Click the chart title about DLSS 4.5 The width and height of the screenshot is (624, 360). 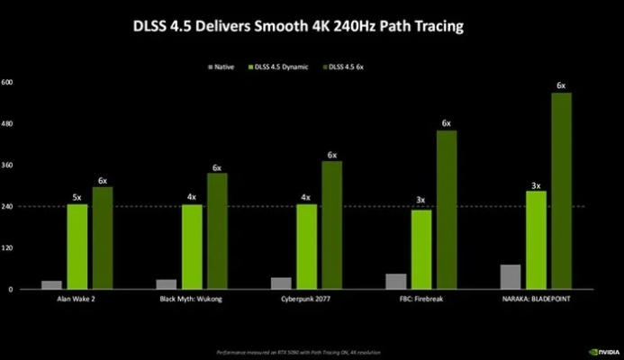tap(312, 27)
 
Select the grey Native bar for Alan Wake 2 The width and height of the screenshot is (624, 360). tap(51, 284)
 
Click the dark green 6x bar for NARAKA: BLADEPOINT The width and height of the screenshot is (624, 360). tap(561, 191)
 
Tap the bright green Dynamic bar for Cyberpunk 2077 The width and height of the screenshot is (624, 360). tap(307, 247)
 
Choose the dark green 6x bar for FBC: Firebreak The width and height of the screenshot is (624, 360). tap(447, 210)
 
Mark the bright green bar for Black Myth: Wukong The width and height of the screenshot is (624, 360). tap(192, 247)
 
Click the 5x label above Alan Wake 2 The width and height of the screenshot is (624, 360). tap(77, 197)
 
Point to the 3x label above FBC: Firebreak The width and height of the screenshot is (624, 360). tap(421, 201)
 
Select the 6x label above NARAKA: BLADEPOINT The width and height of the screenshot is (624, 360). tap(561, 85)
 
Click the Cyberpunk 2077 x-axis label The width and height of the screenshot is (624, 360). tap(306, 299)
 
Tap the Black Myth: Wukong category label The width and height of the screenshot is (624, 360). tap(192, 299)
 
